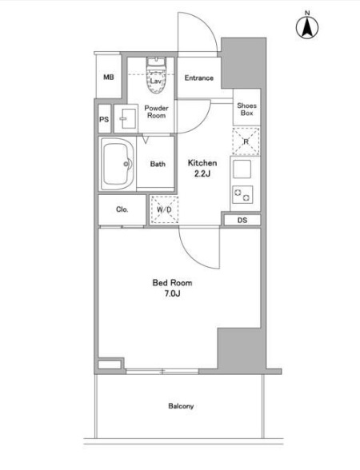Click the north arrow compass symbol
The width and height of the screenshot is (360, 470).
point(307,26)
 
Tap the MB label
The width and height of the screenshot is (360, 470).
point(109,78)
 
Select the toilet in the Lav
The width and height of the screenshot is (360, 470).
point(156,75)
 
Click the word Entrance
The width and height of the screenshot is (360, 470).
point(199,78)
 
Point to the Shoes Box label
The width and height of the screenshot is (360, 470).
point(246,109)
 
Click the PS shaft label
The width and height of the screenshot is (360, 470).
point(104,119)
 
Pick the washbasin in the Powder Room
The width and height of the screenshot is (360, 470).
point(126,118)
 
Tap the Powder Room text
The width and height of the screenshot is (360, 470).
point(156,112)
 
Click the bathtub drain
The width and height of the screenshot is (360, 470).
point(126,164)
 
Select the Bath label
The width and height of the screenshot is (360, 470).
point(158,164)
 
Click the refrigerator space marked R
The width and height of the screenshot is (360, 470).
point(246,141)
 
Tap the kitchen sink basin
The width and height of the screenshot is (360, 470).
point(242,169)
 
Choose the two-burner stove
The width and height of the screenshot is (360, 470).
point(242,195)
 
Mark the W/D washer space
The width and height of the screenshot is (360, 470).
point(165,209)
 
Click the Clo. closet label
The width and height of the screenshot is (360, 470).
point(122,209)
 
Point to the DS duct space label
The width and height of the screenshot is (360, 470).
point(242,221)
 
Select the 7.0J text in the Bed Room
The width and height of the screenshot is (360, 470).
point(172,293)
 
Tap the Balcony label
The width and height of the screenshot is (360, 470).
point(181,406)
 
